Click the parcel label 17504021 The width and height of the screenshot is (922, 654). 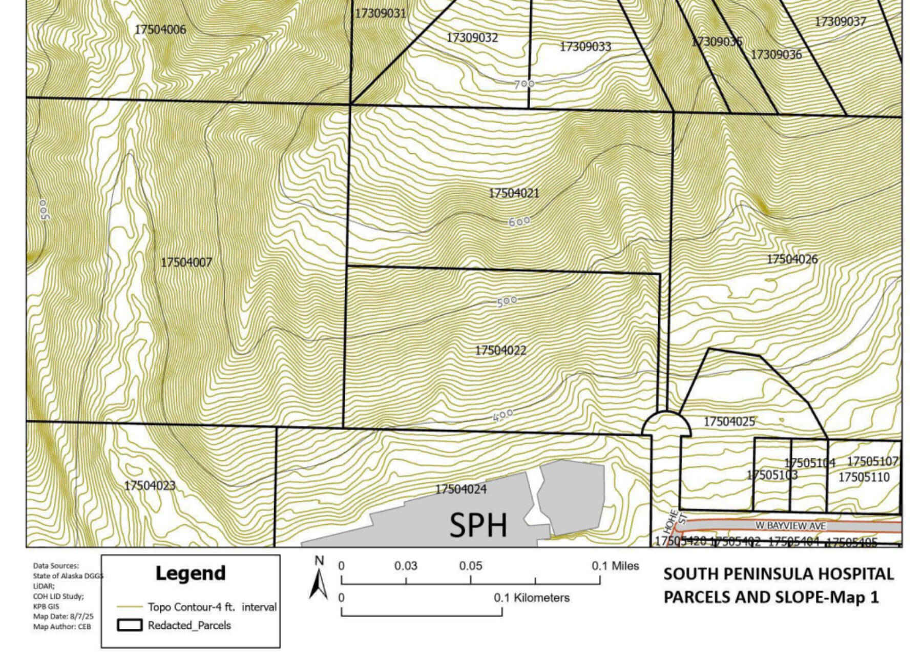[x=513, y=193]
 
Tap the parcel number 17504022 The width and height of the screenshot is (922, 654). [x=500, y=351]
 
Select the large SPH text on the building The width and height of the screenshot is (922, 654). [x=478, y=525]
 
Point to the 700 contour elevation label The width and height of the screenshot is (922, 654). [x=524, y=84]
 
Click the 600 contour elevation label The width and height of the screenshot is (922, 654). [x=519, y=222]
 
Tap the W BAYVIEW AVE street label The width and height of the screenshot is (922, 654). [x=790, y=526]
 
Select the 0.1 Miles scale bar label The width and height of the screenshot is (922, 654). [x=615, y=566]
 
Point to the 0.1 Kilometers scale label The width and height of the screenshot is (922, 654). [x=531, y=598]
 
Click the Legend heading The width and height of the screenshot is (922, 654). [x=190, y=573]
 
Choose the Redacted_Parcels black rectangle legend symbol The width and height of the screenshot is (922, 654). [x=130, y=625]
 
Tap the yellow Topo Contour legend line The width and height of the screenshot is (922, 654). [x=130, y=607]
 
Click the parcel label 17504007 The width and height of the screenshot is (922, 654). [x=186, y=262]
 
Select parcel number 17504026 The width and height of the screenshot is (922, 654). [x=792, y=259]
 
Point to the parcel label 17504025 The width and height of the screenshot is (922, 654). [x=729, y=422]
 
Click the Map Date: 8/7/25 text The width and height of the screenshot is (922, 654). [x=63, y=617]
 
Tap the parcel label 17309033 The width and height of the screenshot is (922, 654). [x=585, y=47]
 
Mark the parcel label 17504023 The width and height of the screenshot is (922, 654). [x=150, y=485]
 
